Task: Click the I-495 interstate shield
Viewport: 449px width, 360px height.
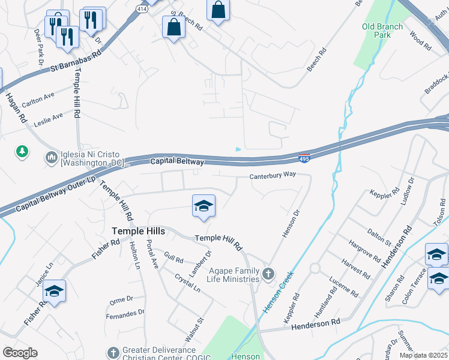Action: tap(304, 158)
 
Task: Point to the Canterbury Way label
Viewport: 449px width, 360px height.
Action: tap(273, 175)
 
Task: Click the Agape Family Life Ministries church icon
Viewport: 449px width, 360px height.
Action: tap(268, 274)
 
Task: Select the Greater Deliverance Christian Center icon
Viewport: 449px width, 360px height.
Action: tap(112, 353)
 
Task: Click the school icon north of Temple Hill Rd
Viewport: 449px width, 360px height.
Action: tap(203, 206)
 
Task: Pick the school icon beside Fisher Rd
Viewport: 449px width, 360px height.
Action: tap(55, 292)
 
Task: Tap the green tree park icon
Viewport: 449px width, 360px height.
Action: tap(22, 152)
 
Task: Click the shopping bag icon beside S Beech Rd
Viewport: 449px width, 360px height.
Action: tap(173, 27)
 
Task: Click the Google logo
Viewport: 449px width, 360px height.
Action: tap(20, 353)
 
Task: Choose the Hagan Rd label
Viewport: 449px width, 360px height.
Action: tap(17, 107)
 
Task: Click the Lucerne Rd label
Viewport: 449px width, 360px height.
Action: tap(344, 287)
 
